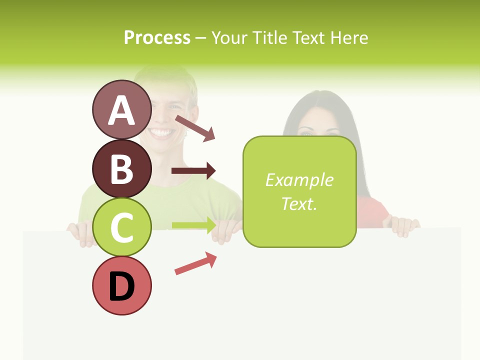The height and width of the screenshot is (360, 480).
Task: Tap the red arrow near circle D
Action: tap(195, 263)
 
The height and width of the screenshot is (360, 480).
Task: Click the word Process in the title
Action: tap(157, 37)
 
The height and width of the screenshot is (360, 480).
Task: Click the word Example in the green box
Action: tap(299, 180)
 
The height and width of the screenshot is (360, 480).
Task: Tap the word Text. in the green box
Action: tap(299, 203)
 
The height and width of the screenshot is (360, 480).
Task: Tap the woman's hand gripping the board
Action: tap(404, 226)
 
